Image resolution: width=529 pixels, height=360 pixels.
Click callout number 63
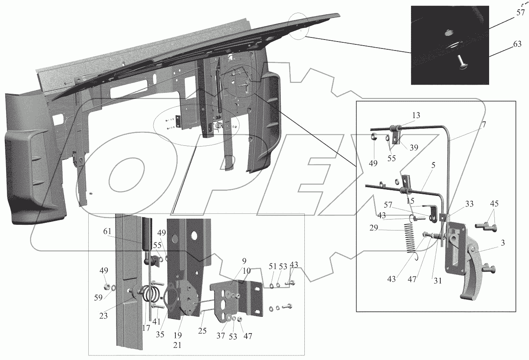[517, 44]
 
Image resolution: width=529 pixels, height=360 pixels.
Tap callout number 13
[416, 115]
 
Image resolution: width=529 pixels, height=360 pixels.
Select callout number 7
[484, 124]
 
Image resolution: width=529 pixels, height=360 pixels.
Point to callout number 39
[414, 147]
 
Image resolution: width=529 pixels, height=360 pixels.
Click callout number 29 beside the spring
[374, 228]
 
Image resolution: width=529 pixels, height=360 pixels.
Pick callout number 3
[503, 243]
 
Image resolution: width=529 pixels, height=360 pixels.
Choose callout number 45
[494, 204]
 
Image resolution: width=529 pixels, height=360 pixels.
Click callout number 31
[437, 281]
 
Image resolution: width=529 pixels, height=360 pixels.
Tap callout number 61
[107, 231]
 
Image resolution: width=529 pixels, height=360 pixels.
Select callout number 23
[103, 316]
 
